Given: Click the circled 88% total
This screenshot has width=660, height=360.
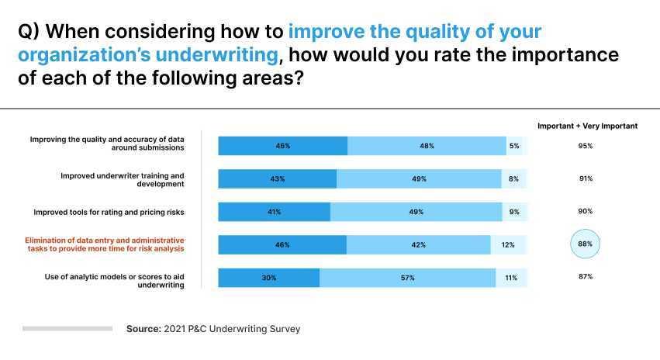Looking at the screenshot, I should coord(586,244).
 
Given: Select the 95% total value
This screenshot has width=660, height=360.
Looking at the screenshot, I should coord(586,146).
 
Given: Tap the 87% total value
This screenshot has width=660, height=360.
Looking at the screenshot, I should coord(586,277).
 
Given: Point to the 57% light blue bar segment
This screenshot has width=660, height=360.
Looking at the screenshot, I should coord(408,278).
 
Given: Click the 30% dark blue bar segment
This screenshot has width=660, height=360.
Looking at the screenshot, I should coord(268,278).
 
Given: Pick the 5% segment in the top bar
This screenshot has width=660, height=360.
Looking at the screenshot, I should coord(514,146).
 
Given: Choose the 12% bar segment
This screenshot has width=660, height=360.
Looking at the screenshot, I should coord(508,245).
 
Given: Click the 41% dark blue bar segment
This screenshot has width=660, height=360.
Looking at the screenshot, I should coord(274,212).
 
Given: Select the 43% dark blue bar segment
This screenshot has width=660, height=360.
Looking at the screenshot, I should coord(277,179).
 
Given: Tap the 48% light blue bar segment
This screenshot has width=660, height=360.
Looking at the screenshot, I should coord(427,146).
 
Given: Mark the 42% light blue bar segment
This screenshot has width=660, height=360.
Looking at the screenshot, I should coord(418,245).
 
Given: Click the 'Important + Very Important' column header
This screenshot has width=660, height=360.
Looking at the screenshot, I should coord(587,126).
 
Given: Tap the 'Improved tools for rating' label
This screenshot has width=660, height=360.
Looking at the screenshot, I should coord(109,212).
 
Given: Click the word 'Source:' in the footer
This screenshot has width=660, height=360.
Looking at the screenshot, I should coord(143,329).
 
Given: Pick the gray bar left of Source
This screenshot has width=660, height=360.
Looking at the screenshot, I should coord(67,329).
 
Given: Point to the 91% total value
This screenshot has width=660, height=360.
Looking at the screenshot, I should coord(586,179).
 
